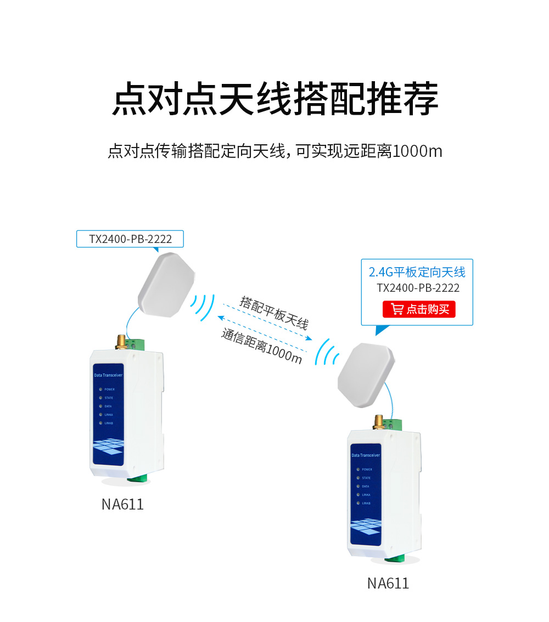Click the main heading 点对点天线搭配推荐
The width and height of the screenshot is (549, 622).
coord(274,99)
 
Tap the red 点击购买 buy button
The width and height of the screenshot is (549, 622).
coord(419,309)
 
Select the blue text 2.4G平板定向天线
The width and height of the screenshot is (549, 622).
coord(417,272)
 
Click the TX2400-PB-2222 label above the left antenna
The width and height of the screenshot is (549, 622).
coord(130,239)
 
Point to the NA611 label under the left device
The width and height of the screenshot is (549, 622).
coord(122,504)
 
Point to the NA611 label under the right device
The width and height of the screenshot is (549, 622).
coord(388,583)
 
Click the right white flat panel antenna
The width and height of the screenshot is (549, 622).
coord(366,375)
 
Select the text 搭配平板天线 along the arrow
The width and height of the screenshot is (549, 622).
coord(274,313)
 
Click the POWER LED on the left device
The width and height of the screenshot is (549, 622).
coord(100,389)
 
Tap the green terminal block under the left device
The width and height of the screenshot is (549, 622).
coord(139,480)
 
